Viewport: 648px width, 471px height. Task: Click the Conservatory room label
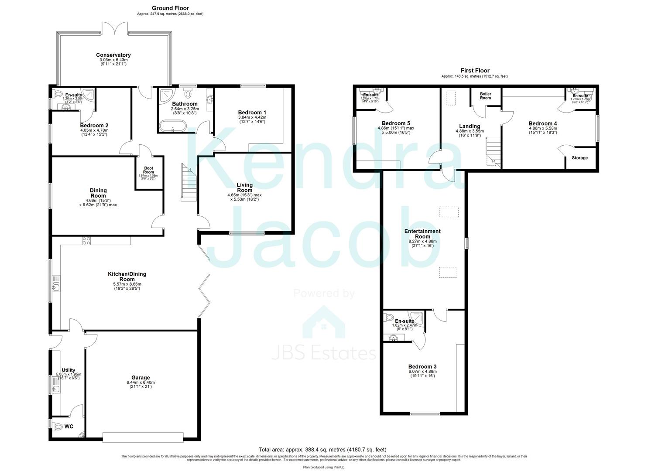coord(113,55)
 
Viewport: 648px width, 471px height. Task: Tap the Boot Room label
coord(148,170)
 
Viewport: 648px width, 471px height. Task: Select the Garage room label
coord(141,378)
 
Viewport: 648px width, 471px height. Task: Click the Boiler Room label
coord(485,96)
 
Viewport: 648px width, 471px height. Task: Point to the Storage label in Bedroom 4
coord(579,158)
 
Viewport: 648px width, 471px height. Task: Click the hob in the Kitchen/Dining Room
coord(86,240)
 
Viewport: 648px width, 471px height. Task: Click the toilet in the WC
coord(57,426)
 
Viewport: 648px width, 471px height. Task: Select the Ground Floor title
coord(170,8)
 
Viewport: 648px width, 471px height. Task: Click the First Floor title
coord(475,70)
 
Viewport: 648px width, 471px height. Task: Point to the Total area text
coord(322,450)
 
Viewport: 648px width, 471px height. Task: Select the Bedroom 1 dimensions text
coord(252,120)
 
